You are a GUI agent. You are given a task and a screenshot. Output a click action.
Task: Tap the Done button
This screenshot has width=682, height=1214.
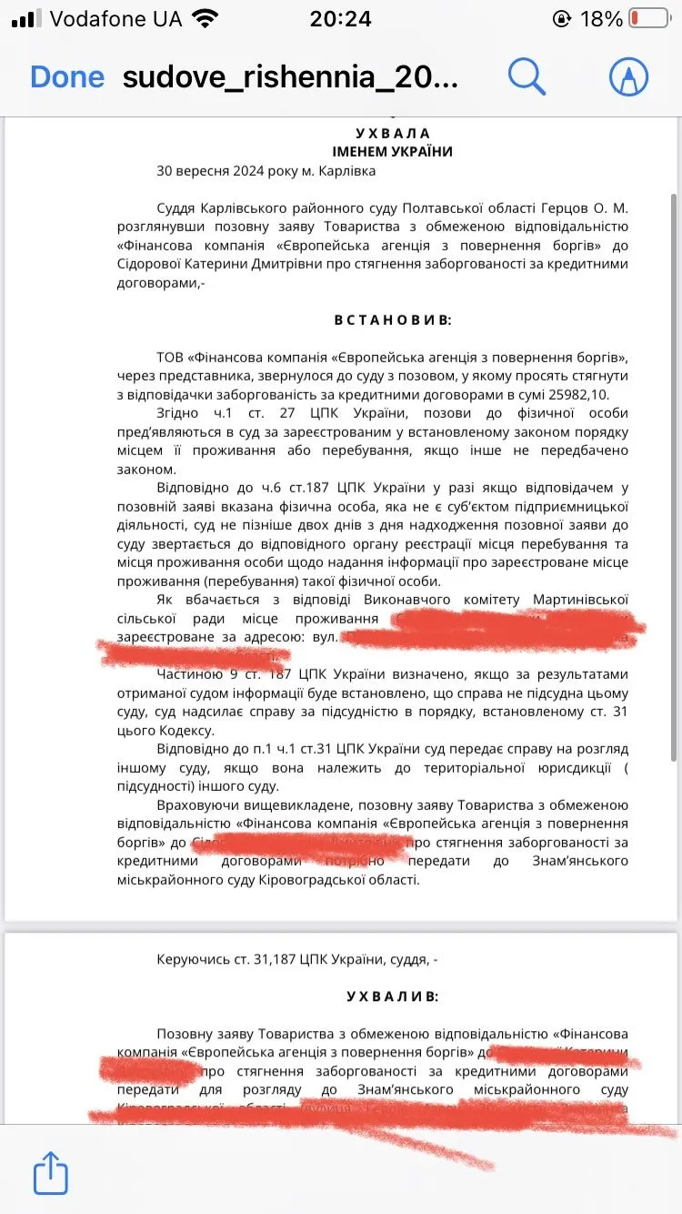click(x=67, y=77)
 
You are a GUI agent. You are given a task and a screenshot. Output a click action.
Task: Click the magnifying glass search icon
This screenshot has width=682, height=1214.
click(x=527, y=76)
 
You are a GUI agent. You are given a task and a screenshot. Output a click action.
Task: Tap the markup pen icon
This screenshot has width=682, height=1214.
click(x=628, y=76)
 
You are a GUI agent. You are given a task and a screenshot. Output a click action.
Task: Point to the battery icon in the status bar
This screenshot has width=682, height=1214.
click(x=647, y=18)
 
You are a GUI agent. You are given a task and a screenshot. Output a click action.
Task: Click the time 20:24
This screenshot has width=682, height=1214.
click(x=340, y=18)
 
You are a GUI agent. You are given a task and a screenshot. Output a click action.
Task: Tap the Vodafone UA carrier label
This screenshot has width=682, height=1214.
click(x=115, y=18)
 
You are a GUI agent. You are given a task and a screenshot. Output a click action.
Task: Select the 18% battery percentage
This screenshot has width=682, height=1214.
click(x=601, y=18)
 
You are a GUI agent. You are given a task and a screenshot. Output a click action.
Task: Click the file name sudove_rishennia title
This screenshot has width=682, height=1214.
click(x=290, y=77)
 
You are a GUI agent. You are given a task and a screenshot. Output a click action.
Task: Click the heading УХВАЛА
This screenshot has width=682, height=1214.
click(x=393, y=134)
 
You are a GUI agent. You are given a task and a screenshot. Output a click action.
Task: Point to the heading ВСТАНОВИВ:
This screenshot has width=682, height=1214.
click(x=393, y=319)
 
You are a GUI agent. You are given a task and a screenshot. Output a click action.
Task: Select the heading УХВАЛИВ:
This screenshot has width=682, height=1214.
click(x=393, y=996)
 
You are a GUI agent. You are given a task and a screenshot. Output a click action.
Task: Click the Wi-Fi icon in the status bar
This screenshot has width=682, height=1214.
click(x=206, y=18)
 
